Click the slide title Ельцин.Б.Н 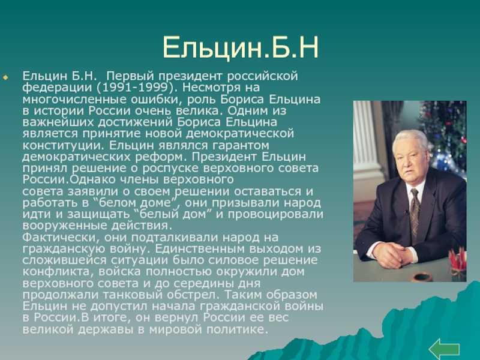click(241, 48)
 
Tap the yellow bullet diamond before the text click(5, 78)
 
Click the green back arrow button click(444, 349)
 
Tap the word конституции click(64, 145)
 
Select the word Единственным click(200, 248)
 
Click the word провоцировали click(275, 214)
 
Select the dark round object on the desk click(422, 277)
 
